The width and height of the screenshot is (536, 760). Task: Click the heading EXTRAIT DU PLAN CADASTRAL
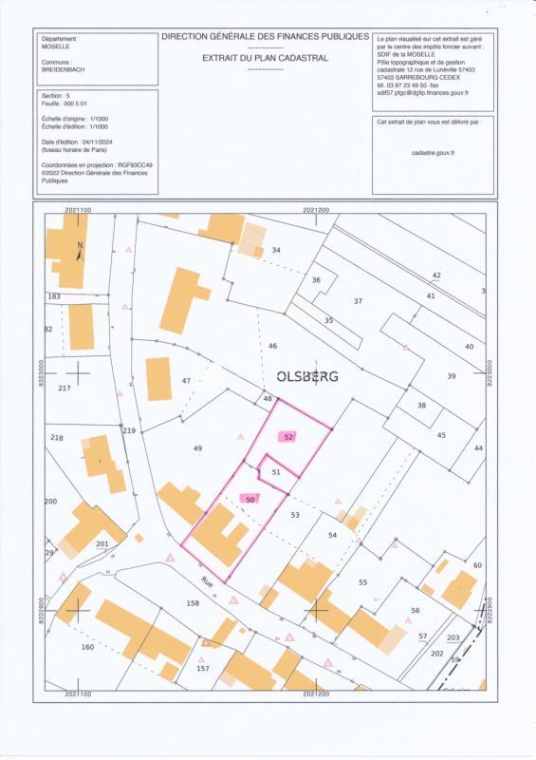tap(265, 58)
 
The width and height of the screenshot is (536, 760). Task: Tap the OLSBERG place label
tap(306, 376)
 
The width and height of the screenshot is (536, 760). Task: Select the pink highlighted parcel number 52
tap(289, 437)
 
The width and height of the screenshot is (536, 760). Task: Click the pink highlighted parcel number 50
tap(250, 499)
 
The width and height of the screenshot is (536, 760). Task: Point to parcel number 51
tap(276, 471)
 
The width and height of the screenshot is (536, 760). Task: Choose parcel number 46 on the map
tap(272, 346)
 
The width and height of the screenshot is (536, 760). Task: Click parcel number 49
tap(197, 448)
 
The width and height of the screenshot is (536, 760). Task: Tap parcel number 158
tap(193, 603)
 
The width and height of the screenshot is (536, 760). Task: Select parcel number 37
tap(358, 301)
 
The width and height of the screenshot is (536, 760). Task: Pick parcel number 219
tap(129, 431)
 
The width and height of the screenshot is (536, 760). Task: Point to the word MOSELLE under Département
tap(57, 46)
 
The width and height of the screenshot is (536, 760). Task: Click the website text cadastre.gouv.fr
tap(434, 152)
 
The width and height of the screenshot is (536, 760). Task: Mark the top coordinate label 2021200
tap(316, 210)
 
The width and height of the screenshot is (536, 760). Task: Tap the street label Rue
tap(207, 581)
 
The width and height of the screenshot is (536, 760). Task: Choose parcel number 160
tap(87, 647)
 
